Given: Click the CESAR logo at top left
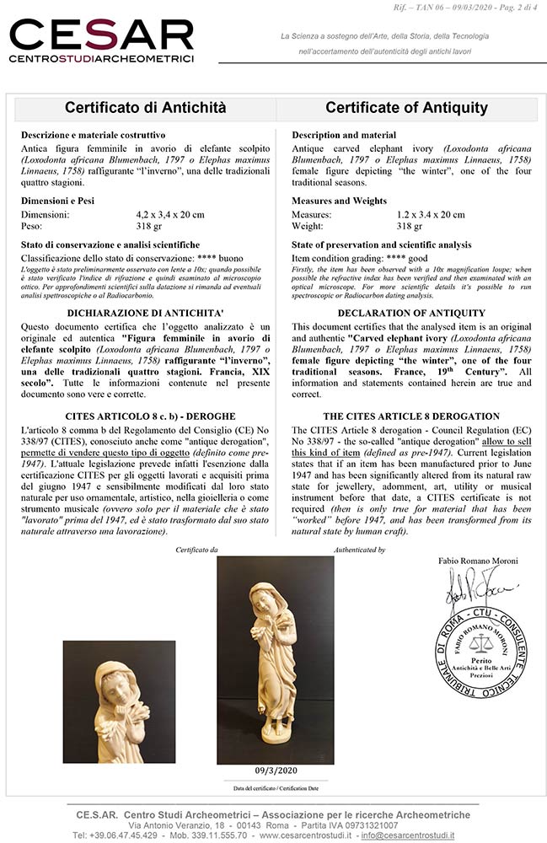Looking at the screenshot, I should tap(101, 40).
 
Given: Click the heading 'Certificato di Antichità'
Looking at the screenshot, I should tap(145, 108).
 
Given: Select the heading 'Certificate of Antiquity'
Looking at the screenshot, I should tap(406, 108).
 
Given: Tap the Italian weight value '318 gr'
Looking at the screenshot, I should tap(138, 226).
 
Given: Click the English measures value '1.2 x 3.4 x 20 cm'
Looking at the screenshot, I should tap(437, 215).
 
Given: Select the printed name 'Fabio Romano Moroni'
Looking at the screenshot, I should tap(479, 561).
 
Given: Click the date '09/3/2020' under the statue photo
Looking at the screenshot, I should tap(275, 771).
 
